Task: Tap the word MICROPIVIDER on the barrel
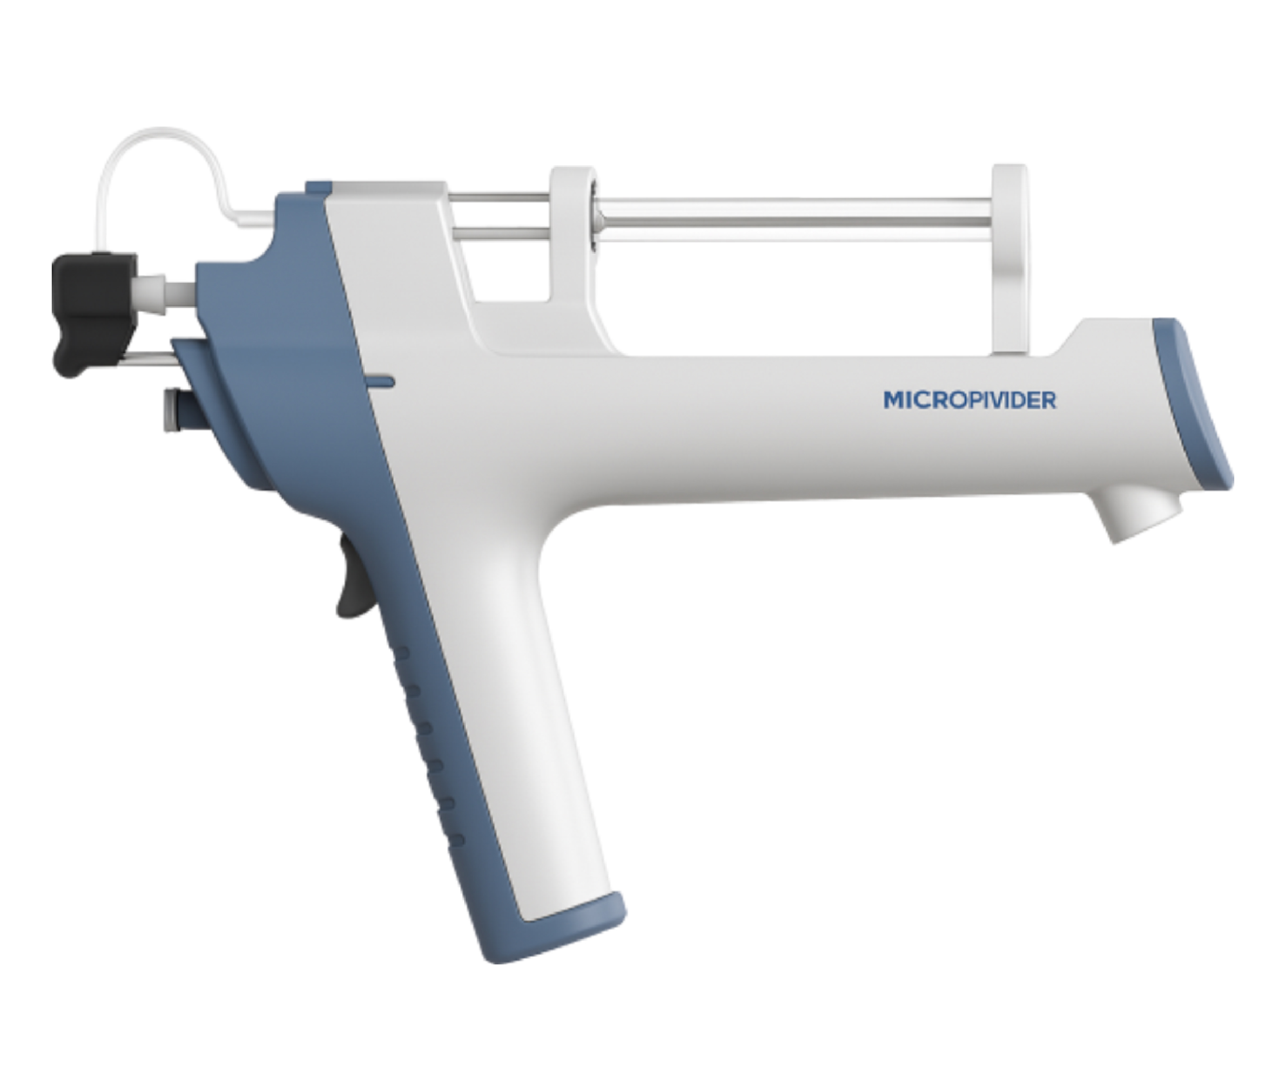tap(969, 400)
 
